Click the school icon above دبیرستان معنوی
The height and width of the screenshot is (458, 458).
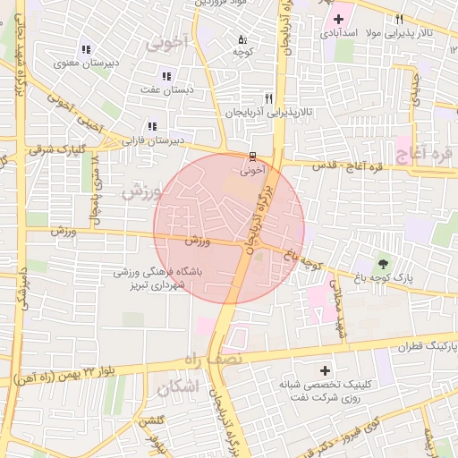[85, 49]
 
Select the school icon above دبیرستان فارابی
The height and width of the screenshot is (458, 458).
[152, 127]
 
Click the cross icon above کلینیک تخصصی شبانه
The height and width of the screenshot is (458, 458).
[324, 370]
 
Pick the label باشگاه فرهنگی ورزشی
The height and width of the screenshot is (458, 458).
[157, 271]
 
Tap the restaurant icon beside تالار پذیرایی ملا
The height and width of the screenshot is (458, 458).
[399, 20]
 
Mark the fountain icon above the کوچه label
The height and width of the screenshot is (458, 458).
[242, 40]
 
